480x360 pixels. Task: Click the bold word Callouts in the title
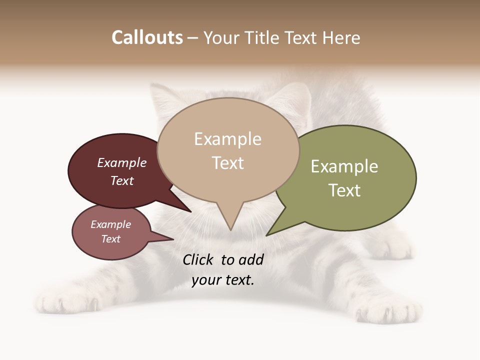coord(147,37)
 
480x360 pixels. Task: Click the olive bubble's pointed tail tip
coord(267,234)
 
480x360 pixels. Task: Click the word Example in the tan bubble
coord(227,139)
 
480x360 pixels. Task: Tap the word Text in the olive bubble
coord(344,190)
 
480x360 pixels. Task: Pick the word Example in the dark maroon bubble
coord(122,162)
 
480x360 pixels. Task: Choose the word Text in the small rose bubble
coord(111,239)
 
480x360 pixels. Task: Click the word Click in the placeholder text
coord(198,259)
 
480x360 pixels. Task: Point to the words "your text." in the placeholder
coord(223,280)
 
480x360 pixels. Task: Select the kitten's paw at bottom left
coord(65,302)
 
